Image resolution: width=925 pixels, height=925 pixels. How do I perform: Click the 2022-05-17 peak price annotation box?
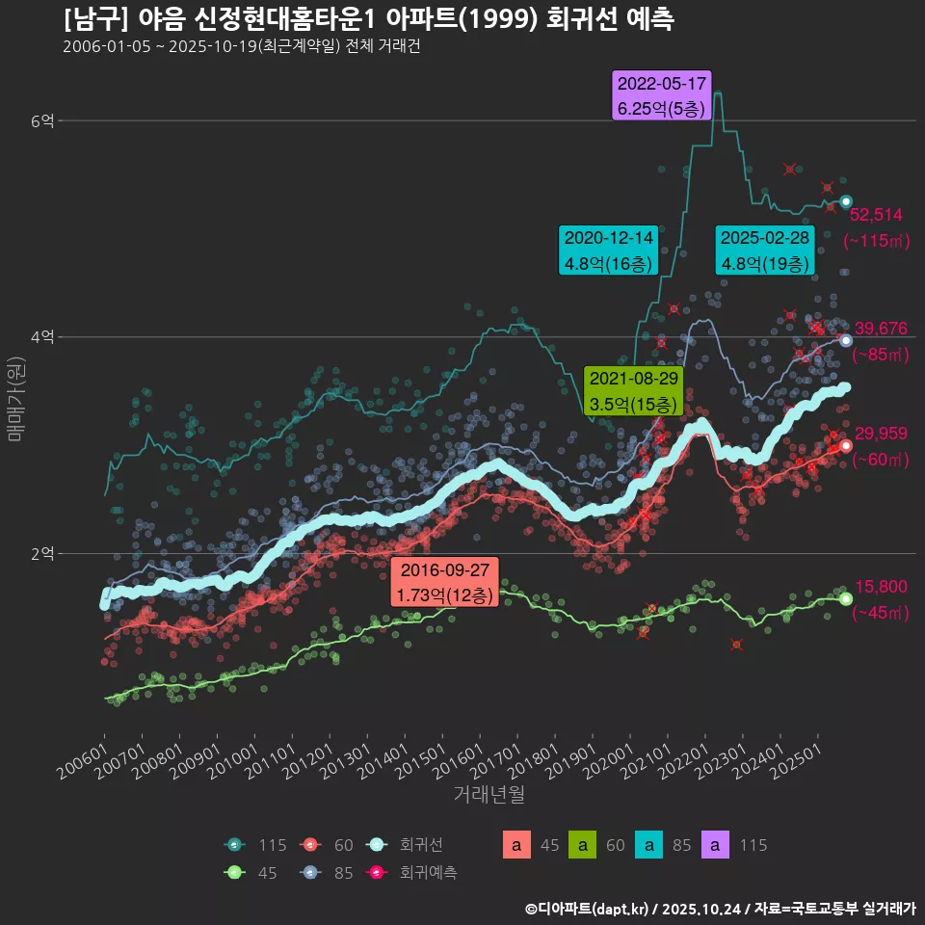[x=661, y=95]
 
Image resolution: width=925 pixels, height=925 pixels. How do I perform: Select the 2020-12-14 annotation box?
[x=608, y=250]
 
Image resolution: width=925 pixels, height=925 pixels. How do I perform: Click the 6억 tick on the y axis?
[x=42, y=120]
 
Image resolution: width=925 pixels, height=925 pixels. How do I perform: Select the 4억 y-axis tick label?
[x=42, y=337]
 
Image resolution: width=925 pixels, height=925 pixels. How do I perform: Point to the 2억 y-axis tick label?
[x=42, y=554]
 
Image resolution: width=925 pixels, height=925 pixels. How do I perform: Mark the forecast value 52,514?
[x=875, y=215]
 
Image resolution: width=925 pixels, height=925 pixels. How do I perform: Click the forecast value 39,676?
[x=881, y=329]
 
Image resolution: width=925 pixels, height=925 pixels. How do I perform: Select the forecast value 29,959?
[x=881, y=434]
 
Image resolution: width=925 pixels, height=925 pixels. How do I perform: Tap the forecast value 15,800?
[x=881, y=587]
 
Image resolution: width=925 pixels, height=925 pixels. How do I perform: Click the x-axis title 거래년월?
[x=489, y=795]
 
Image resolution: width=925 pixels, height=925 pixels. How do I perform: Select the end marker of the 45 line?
[x=846, y=598]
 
